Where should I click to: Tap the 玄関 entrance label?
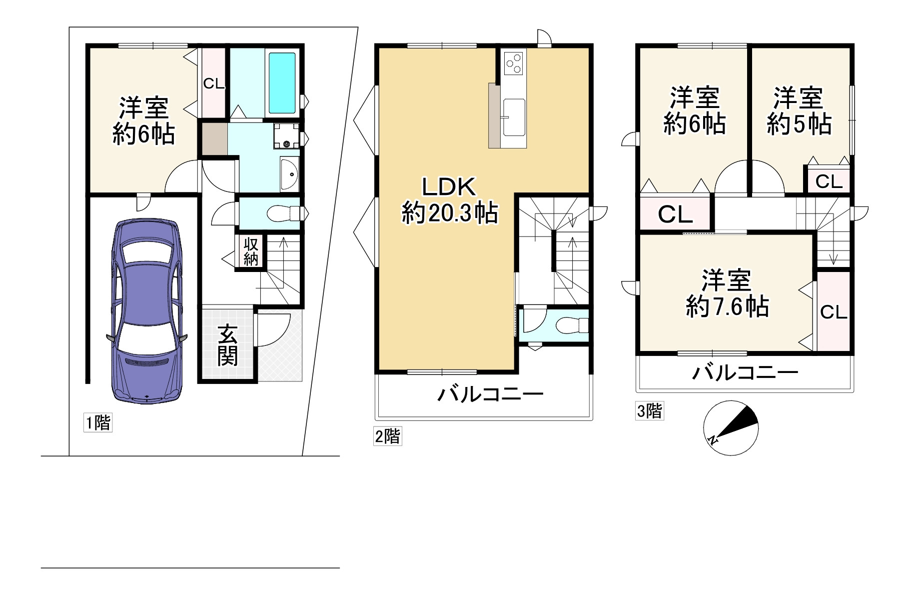tap(227, 345)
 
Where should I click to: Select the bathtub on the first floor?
tap(282, 83)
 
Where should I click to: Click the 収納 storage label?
tap(251, 251)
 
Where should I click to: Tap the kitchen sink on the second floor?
tap(514, 117)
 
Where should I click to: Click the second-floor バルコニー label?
tap(490, 395)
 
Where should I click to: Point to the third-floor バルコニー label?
tap(745, 372)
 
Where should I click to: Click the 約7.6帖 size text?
tap(727, 306)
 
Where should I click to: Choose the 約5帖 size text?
tap(799, 123)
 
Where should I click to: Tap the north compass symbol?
tap(731, 428)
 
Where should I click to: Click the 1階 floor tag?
tap(97, 423)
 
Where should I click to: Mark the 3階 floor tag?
tap(650, 411)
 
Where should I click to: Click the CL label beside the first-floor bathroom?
tap(214, 84)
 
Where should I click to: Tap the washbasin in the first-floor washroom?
tap(289, 173)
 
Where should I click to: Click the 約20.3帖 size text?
tap(450, 214)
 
